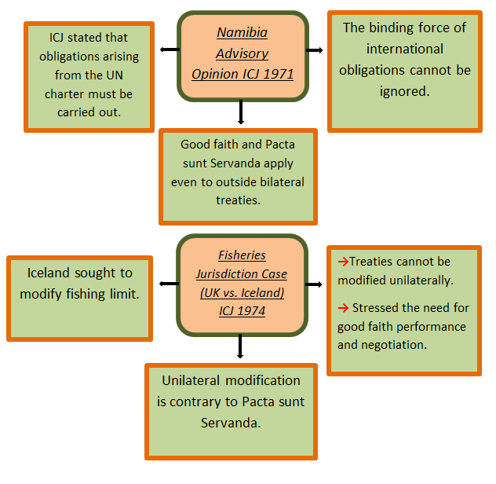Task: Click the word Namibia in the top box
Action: (242, 34)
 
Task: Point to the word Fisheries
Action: (242, 255)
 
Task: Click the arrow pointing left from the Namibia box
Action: (167, 49)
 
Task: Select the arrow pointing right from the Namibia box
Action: (315, 49)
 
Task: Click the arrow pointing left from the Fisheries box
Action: (167, 284)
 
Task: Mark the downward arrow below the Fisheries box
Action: (241, 346)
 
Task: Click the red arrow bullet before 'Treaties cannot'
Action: (342, 262)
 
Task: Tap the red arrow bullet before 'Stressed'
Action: (342, 307)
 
